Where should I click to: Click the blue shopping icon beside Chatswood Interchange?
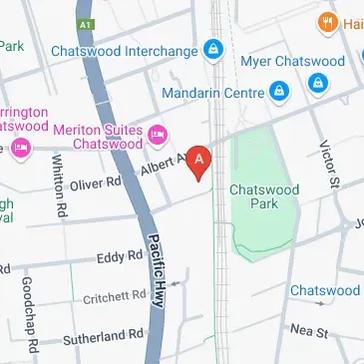coord(212,48)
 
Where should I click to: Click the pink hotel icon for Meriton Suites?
coord(157,135)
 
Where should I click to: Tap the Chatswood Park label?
coord(264,194)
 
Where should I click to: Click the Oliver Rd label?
coord(95,182)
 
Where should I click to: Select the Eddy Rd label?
coord(119,257)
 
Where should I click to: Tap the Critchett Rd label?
coord(115,296)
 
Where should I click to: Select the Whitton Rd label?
coord(59,190)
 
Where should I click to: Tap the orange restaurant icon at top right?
coord(324,21)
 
